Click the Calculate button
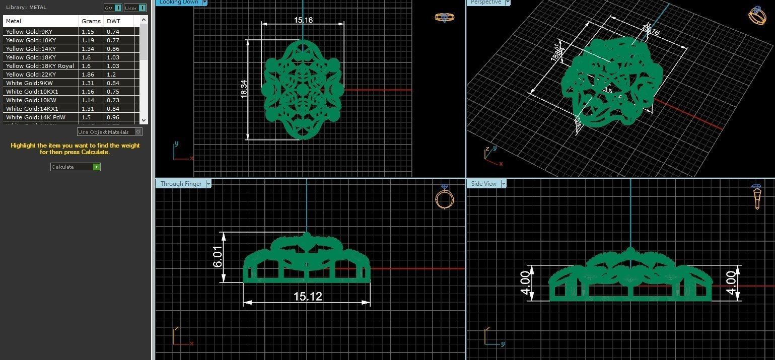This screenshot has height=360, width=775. (x=75, y=167)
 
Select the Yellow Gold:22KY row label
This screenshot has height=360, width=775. (x=31, y=75)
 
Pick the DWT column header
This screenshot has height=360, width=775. (x=113, y=21)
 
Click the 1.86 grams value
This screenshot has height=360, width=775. (x=88, y=75)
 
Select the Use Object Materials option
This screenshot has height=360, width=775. (x=110, y=132)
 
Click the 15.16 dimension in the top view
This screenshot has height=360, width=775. (x=303, y=20)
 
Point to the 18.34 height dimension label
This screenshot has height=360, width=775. (x=244, y=89)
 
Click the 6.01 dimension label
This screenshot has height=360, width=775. (x=219, y=257)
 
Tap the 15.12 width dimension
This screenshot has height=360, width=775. (x=308, y=297)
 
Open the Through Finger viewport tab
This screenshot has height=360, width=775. (x=181, y=184)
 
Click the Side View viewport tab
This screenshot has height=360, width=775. (x=484, y=184)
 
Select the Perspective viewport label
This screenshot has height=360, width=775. (x=485, y=3)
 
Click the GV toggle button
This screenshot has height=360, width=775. (x=113, y=8)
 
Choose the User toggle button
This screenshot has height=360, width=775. (x=135, y=8)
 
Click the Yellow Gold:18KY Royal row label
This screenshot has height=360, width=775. (x=40, y=66)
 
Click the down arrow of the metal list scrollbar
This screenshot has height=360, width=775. (x=144, y=120)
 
